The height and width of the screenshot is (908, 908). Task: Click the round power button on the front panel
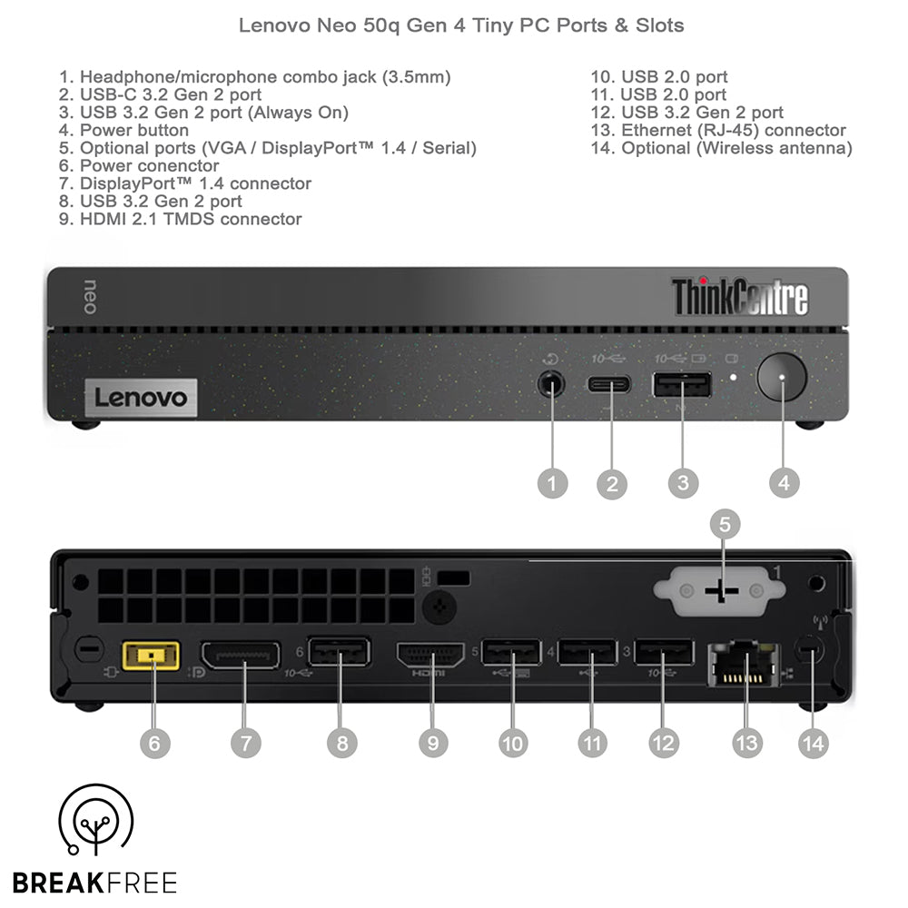click(783, 377)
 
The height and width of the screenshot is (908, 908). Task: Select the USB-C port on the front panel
click(609, 382)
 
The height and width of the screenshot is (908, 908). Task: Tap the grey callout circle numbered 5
click(724, 524)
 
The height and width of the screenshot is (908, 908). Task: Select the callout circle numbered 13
click(746, 742)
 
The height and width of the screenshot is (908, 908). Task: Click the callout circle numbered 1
click(551, 482)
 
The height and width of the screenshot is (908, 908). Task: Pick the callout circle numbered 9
click(432, 742)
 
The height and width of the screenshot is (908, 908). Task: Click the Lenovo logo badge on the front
click(141, 398)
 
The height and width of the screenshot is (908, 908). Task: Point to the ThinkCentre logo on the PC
click(739, 296)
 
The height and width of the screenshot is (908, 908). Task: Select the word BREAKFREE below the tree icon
click(94, 882)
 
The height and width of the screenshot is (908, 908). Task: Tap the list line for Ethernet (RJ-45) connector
click(718, 130)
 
